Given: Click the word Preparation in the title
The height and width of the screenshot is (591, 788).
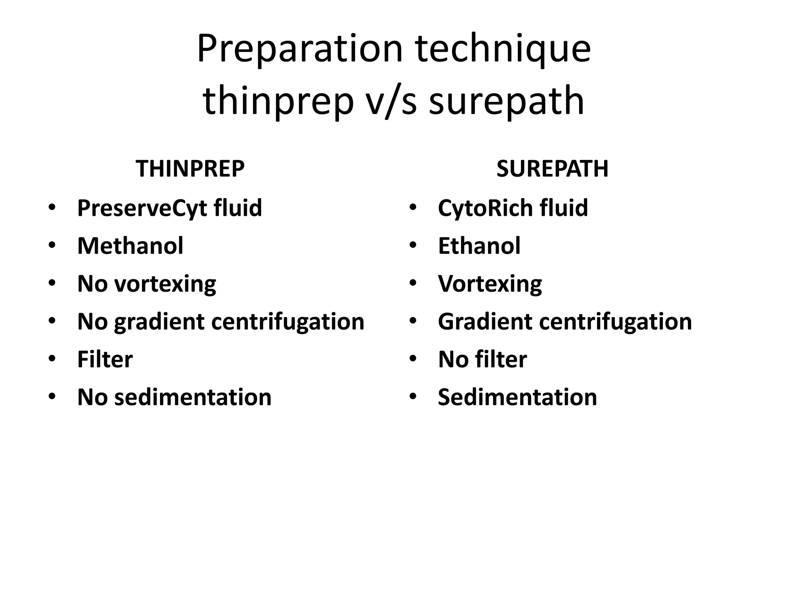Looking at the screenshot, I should (299, 49).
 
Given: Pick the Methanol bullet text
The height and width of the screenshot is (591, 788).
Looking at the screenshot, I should (130, 246).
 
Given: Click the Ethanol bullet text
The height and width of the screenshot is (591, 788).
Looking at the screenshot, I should (479, 246).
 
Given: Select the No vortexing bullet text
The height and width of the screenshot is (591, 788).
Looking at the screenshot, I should (147, 284).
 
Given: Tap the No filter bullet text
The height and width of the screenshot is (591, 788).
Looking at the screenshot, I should (482, 359).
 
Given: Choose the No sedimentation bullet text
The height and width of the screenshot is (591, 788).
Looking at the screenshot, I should (174, 397).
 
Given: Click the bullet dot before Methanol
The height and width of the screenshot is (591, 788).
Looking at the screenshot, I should (52, 245).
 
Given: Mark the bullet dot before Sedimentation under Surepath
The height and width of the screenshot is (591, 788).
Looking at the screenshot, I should (413, 396).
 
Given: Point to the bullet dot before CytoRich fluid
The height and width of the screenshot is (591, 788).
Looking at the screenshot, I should (413, 207).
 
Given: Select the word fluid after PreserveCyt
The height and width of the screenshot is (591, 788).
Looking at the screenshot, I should (238, 208).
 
